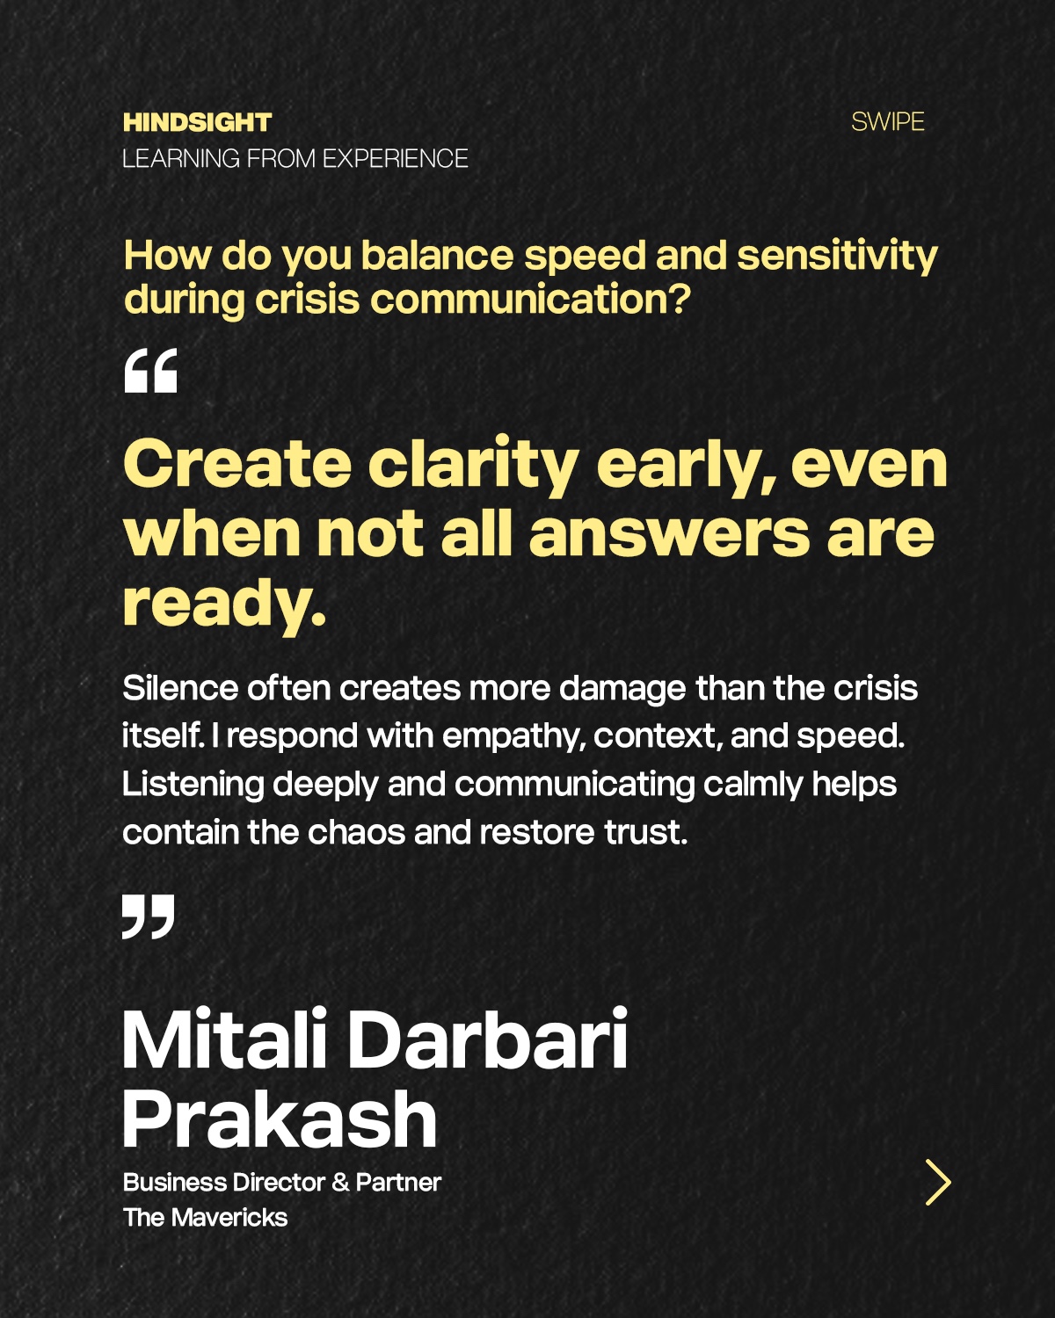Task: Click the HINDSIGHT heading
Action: coord(197,122)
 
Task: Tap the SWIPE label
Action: coord(888,122)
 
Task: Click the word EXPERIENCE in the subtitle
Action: coord(396,159)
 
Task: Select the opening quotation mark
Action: coord(151,371)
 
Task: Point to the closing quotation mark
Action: coord(149,916)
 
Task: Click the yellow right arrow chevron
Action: coord(939,1182)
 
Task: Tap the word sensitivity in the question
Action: coord(837,256)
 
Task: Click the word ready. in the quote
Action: coord(224,604)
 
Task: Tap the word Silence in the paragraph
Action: coord(180,688)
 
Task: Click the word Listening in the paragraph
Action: coord(193,785)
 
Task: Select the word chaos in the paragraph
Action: coord(356,832)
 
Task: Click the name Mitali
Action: coord(224,1040)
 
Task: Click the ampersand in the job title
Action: coord(339,1182)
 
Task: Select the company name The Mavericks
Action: coord(206,1218)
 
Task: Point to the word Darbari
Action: coord(489,1040)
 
